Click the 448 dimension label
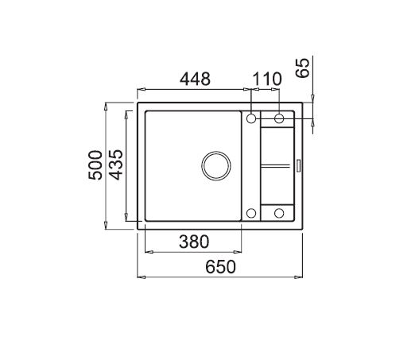(x=195, y=79)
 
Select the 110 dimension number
(x=267, y=79)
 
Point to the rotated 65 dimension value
(x=302, y=68)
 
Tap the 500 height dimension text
(x=95, y=165)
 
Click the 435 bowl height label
(x=117, y=165)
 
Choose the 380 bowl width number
(x=194, y=242)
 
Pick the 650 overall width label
(x=220, y=267)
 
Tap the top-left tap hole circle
(x=251, y=118)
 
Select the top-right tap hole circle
(x=279, y=118)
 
